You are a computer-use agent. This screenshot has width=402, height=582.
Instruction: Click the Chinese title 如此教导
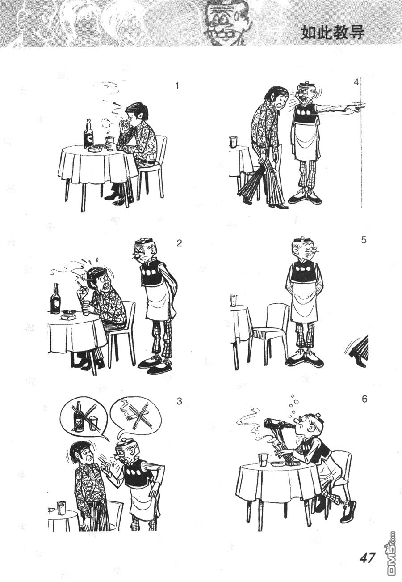(x=333, y=33)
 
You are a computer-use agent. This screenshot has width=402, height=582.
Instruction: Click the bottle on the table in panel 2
(x=55, y=299)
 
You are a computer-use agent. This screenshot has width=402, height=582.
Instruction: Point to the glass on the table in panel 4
(x=234, y=142)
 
